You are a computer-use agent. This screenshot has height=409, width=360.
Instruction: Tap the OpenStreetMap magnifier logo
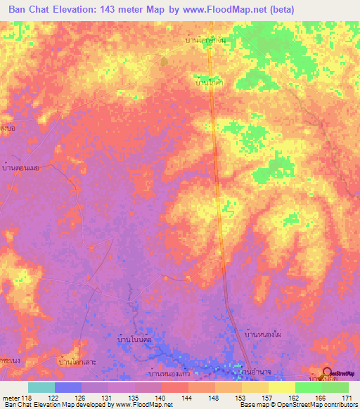(327, 373)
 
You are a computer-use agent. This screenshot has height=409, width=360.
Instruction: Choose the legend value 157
(266, 397)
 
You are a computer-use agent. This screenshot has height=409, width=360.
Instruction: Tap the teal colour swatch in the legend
(41, 387)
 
